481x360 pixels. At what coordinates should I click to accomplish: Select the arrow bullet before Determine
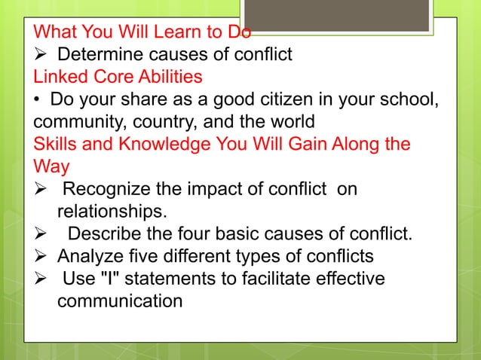coord(41,54)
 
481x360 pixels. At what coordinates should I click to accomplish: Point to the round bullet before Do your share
coord(37,99)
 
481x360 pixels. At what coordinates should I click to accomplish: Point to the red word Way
coord(50,165)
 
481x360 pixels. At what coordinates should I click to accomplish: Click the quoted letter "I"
coord(106,278)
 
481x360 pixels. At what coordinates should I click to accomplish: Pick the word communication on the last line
coord(119,301)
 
